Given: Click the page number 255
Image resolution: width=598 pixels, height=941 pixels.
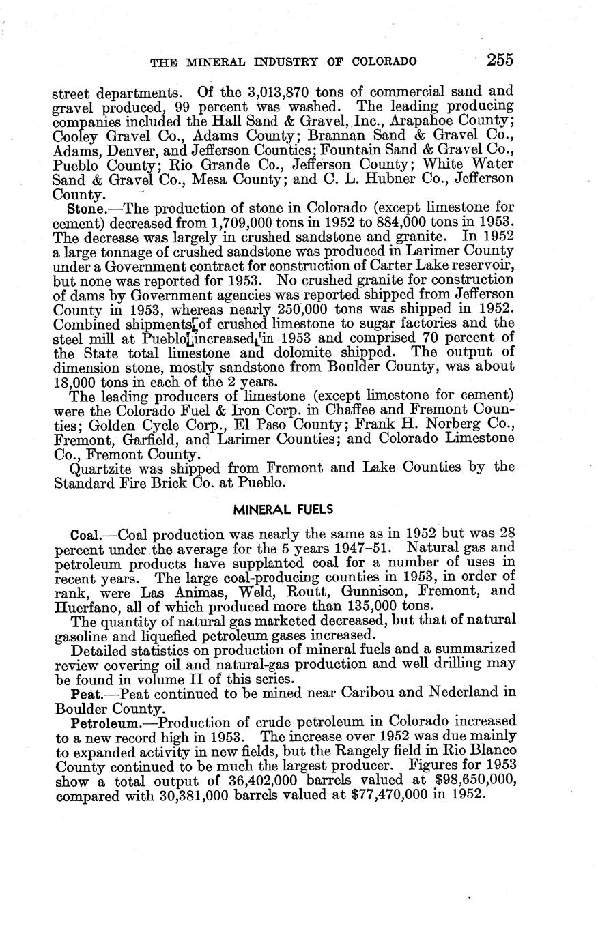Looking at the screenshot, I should (500, 59).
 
